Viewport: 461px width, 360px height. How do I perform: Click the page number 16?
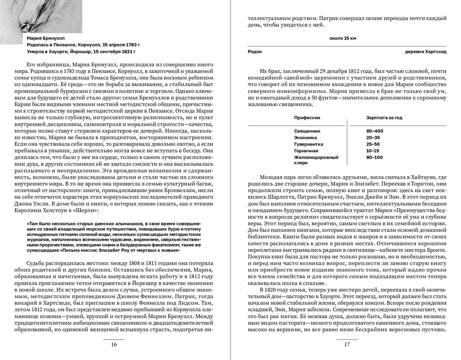click(x=114, y=344)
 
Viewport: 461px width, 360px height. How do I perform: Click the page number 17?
click(x=347, y=344)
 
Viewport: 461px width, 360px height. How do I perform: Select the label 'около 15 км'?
click(x=343, y=38)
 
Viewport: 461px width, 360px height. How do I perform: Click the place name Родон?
click(x=255, y=52)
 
